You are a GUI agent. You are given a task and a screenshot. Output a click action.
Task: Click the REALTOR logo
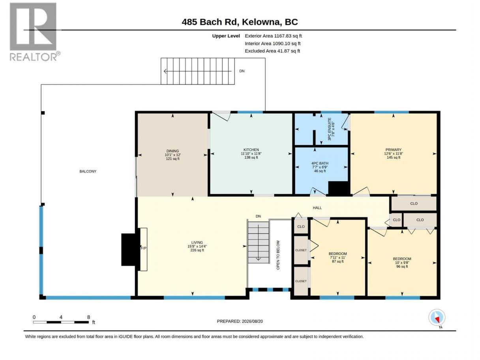coord(35,32)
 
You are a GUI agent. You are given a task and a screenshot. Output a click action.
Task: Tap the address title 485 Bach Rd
coord(210,22)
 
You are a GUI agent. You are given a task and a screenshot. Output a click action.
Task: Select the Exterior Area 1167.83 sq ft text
coord(273,36)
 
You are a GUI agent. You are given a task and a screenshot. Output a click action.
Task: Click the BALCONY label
coord(88,171)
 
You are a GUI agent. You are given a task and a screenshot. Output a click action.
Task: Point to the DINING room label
coord(172,155)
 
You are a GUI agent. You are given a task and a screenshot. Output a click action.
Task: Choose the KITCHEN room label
coord(251,154)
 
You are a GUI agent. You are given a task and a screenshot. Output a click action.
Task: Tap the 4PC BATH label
coord(320,167)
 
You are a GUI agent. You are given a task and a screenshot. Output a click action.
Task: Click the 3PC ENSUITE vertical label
coord(331,129)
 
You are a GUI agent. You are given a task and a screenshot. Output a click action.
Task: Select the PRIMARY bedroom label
coord(393,154)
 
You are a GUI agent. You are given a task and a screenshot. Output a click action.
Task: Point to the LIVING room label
coord(197,246)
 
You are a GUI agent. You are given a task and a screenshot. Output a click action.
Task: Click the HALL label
coord(317,208)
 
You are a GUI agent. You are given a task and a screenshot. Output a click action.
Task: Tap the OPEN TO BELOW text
coord(278,255)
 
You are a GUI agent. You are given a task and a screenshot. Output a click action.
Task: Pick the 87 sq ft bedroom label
coord(337,257)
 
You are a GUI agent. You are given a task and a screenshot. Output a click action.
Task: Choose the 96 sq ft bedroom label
coord(402,262)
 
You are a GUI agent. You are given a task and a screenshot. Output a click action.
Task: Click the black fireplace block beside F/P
coord(130,249)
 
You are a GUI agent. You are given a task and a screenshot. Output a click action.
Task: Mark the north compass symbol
coord(437,317)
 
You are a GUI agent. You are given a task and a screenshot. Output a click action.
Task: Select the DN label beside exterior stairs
coord(242,71)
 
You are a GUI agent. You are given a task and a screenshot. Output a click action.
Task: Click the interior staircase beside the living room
coord(258,242)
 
